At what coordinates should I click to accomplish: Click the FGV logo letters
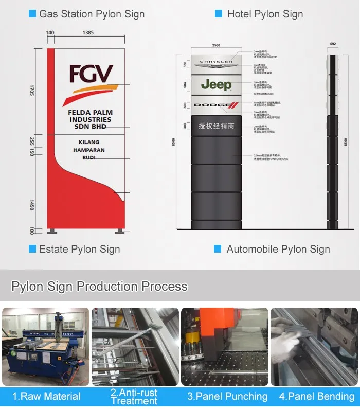pos(91,74)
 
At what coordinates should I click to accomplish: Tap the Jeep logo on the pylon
pos(216,84)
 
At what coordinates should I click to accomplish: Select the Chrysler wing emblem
pos(216,62)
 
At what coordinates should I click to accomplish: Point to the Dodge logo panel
pos(216,105)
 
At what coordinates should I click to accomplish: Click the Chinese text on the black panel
pos(216,126)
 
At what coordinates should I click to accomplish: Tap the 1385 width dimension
pos(88,33)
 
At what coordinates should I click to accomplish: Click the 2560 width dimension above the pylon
pos(216,46)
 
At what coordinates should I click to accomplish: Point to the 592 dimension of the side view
pos(333,44)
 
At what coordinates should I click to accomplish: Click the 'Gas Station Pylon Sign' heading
pos(92,14)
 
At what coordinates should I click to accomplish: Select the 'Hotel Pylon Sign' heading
pos(265,14)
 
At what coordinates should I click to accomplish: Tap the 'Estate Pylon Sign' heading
pos(80,250)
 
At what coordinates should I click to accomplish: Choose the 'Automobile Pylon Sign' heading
pos(278,250)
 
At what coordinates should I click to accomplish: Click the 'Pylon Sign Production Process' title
pos(99,287)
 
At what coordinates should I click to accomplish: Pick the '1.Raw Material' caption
pos(46,396)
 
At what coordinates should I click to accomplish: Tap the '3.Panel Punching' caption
pos(227,396)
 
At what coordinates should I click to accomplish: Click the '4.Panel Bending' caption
pos(317,396)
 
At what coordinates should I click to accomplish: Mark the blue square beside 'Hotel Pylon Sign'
pos(219,14)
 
